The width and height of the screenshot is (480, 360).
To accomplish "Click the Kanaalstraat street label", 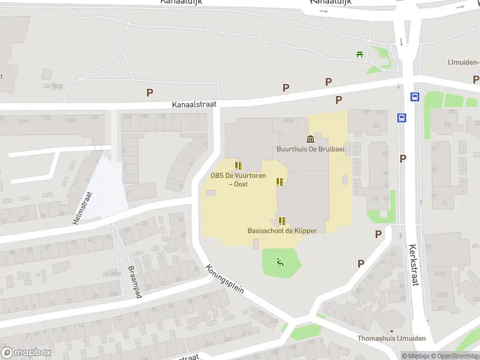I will [x=190, y=105].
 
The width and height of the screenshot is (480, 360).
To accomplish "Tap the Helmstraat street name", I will [x=82, y=208].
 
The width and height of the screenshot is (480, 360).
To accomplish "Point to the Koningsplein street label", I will [x=224, y=279].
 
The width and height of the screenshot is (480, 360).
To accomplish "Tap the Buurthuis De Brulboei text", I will [x=310, y=149].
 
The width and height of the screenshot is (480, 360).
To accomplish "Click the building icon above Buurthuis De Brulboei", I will [x=310, y=139].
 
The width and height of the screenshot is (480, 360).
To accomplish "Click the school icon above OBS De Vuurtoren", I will [x=238, y=166].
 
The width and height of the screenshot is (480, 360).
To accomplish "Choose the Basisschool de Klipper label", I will [x=282, y=231].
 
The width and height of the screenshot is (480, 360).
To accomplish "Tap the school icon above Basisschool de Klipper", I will [x=282, y=220].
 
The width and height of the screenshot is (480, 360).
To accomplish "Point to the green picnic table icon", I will [x=359, y=54].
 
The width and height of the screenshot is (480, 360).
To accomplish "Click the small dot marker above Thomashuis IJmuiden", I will [x=391, y=331].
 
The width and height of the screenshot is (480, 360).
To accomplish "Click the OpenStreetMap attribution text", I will [x=454, y=356].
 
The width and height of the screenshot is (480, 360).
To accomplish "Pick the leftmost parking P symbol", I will [x=149, y=92].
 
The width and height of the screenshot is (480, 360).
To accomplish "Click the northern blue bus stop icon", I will [x=414, y=97].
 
